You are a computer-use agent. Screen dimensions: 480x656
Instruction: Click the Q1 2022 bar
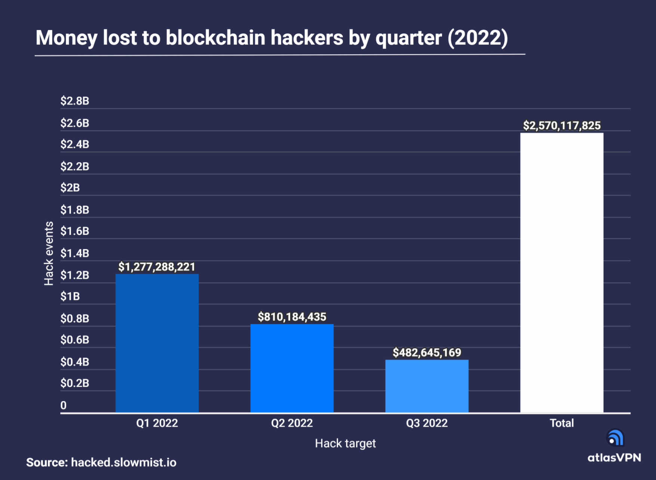[157, 343]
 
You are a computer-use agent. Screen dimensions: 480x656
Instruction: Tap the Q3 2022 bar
[427, 386]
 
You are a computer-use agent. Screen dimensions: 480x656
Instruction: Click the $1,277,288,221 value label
[157, 267]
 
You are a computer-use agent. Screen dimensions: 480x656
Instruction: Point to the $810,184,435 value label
[292, 317]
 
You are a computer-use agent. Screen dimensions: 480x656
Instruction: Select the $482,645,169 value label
[427, 353]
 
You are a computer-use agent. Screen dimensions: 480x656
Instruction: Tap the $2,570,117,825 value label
[561, 125]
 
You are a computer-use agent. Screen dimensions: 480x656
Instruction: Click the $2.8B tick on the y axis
[75, 101]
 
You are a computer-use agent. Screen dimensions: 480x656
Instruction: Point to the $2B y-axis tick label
[70, 188]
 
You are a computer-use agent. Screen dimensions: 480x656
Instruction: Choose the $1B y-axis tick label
[70, 297]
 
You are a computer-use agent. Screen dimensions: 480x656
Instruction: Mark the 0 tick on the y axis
[64, 405]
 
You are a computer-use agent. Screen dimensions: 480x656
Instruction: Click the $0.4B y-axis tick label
[75, 362]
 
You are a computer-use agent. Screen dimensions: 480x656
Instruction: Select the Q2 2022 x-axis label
[292, 423]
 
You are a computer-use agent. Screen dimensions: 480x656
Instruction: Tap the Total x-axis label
[561, 423]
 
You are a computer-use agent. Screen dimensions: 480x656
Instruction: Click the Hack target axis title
[345, 443]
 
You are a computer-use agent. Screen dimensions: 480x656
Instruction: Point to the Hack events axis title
[49, 253]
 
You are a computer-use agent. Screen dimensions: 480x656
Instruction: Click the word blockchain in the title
[215, 38]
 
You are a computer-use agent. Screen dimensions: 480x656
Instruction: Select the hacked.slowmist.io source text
[123, 462]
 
